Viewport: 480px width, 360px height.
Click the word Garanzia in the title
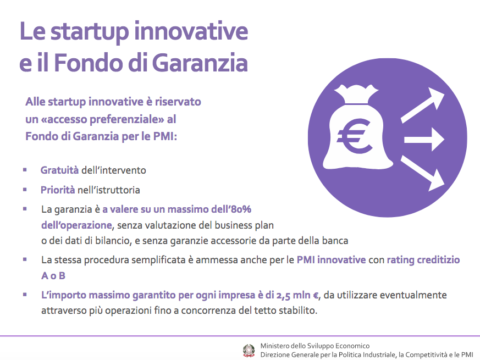click(x=200, y=63)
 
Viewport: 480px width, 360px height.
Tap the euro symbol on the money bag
click(x=355, y=136)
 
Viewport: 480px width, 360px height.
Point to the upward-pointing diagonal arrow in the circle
click(x=423, y=106)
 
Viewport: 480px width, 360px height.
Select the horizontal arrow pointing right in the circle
click(x=424, y=140)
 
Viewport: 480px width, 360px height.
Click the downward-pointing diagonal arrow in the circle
click(x=423, y=173)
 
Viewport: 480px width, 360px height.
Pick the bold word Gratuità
click(x=60, y=170)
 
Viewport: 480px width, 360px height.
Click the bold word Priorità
click(x=58, y=190)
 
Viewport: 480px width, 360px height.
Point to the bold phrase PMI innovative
click(x=331, y=260)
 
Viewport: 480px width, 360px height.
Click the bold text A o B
click(x=53, y=276)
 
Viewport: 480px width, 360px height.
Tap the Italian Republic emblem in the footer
click(x=249, y=351)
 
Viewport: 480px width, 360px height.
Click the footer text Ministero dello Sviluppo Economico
click(x=315, y=346)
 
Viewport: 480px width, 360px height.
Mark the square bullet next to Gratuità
click(x=25, y=170)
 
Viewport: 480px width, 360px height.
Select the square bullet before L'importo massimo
click(x=25, y=295)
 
